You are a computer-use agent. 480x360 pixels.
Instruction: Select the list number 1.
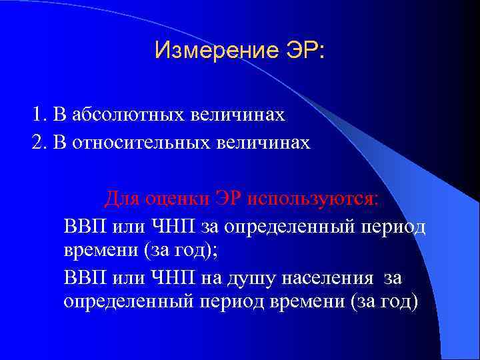click(x=37, y=115)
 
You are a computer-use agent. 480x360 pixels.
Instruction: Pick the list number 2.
click(x=37, y=143)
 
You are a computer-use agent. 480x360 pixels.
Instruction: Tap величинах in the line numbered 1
click(x=247, y=115)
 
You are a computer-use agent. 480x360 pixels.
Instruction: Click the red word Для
click(x=121, y=199)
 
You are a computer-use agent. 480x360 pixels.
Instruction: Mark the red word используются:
click(x=313, y=199)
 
